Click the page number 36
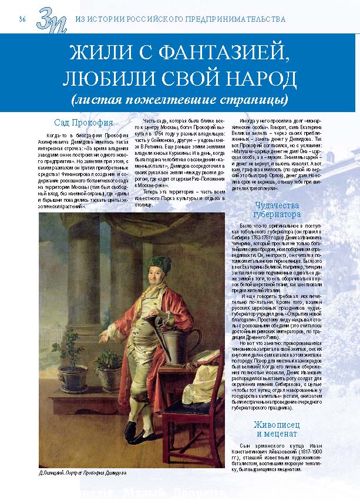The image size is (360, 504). [22, 19]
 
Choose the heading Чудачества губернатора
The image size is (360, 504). [277, 210]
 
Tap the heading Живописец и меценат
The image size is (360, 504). [277, 429]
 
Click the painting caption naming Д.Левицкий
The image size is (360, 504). [82, 472]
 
